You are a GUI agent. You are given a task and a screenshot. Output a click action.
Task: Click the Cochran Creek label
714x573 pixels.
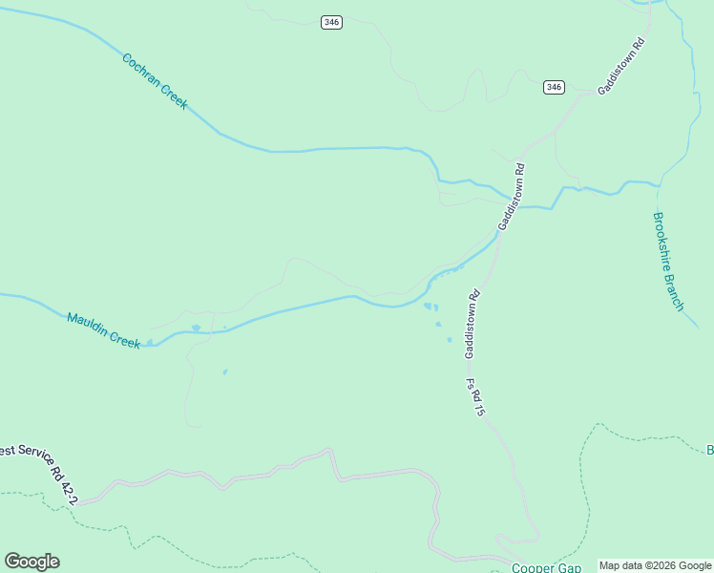155,81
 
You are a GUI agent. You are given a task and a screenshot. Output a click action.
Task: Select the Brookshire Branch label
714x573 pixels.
668,261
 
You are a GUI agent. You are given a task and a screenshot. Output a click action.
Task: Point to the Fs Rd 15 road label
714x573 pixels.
476,398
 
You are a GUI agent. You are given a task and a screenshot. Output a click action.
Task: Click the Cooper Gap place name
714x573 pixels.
539,567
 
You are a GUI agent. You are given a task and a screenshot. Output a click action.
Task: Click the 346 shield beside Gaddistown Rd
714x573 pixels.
554,87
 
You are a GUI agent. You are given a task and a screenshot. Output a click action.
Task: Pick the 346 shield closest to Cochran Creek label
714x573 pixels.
331,22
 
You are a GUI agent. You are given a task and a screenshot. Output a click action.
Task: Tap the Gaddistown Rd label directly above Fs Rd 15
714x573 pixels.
472,325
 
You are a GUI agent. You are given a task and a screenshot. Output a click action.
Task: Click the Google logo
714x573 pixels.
31,562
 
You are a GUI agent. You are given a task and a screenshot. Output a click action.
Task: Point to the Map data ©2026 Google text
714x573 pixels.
655,565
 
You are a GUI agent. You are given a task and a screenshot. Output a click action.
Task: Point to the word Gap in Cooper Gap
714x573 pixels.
568,567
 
